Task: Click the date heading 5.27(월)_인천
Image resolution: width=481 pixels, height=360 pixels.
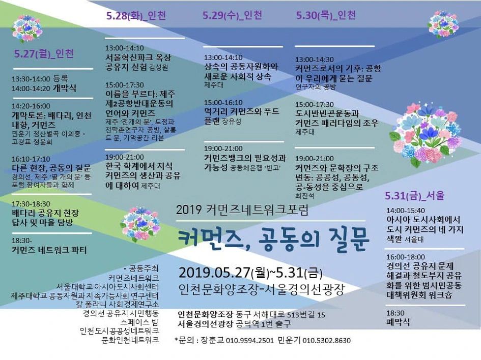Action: (44, 53)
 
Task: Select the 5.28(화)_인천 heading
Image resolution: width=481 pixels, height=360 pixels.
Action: (136, 15)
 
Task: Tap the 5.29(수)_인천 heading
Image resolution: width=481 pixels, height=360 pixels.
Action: (232, 15)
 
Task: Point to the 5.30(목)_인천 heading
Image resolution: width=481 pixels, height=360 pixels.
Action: (326, 15)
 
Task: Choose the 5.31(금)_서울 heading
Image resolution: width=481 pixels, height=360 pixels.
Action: (415, 195)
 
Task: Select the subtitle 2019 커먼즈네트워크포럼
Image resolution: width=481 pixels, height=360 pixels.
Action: (242, 210)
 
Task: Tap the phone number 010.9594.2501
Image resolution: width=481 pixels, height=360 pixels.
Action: (250, 340)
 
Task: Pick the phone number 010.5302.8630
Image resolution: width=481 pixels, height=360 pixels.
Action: (326, 340)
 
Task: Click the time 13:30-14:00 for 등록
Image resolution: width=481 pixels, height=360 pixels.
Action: (31, 79)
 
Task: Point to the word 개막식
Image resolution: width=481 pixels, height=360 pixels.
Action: (65, 88)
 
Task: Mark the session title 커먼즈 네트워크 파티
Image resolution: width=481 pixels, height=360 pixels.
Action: (49, 250)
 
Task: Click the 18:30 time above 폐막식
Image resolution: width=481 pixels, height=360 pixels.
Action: (395, 313)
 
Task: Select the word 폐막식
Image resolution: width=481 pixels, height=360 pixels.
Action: (398, 322)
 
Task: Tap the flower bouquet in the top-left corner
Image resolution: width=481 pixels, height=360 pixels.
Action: (27, 28)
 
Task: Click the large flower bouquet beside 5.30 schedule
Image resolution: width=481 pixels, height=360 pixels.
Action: (425, 135)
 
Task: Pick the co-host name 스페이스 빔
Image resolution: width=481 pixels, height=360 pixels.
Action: (139, 322)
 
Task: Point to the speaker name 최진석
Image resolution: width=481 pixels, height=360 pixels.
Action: (304, 195)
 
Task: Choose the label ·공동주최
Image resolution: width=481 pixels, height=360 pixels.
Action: (141, 268)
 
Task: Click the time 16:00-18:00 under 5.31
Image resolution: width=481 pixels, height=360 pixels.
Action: (406, 257)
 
